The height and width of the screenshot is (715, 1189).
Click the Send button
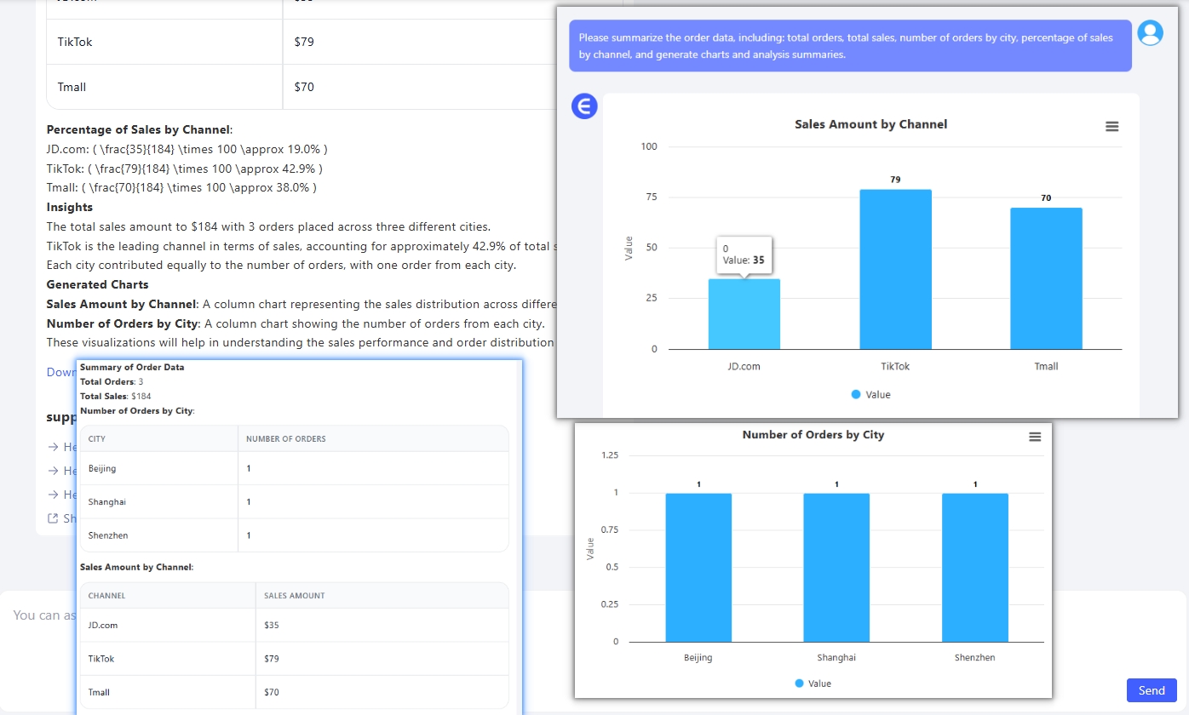click(1151, 690)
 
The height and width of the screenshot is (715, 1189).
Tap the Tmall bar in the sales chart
click(1046, 278)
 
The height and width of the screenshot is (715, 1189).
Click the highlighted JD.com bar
click(744, 314)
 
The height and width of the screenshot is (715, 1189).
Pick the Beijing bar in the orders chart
click(698, 568)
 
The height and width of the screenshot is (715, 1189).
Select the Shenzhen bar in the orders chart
click(974, 568)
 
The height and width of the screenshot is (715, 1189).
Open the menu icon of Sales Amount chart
click(1111, 126)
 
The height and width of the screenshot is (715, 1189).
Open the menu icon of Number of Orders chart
click(1035, 437)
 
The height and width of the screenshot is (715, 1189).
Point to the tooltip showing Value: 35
click(744, 255)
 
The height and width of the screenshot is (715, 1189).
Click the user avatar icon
click(1150, 33)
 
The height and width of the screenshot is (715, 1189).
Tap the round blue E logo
click(583, 106)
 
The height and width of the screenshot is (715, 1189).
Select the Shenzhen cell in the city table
click(102, 535)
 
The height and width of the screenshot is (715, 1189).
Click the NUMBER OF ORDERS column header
click(285, 439)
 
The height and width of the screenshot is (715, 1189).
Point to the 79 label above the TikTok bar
click(895, 180)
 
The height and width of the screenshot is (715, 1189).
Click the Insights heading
click(70, 207)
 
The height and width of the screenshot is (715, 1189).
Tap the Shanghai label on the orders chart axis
click(836, 658)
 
